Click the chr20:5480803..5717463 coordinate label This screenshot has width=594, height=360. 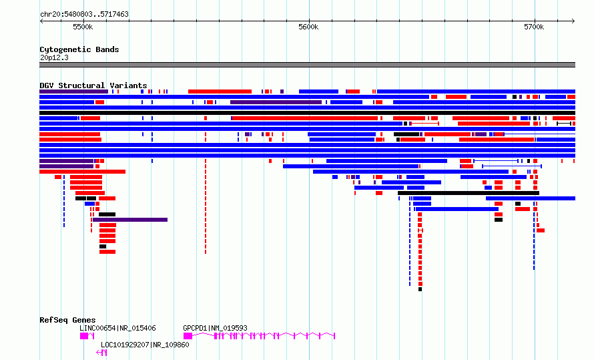pos(84,14)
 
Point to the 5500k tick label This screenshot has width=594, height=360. pos(83,27)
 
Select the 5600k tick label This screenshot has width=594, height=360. pos(308,27)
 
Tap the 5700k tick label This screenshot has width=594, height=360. pos(534,27)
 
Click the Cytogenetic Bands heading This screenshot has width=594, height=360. pos(79,49)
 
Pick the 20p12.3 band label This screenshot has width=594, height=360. pos(54,57)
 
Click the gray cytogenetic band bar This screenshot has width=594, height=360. pos(307,65)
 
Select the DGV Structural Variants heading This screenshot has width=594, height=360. pos(93,85)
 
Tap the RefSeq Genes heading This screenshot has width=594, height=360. pos(67,320)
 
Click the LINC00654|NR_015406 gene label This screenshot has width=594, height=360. pos(117,328)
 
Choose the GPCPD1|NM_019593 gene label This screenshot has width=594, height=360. pos(215,328)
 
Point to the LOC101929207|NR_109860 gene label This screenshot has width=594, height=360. pos(145,345)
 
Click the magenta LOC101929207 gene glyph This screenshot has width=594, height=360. pos(101,353)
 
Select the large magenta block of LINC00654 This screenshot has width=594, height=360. pos(83,336)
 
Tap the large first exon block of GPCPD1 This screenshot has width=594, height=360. pos(188,336)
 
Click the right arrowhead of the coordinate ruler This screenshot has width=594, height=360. pos(573,21)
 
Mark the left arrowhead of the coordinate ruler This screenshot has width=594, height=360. pos(41,21)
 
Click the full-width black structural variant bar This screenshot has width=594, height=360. pos(307,113)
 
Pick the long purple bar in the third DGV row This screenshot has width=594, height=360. pos(276,102)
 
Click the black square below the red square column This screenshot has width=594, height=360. pos(420,289)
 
